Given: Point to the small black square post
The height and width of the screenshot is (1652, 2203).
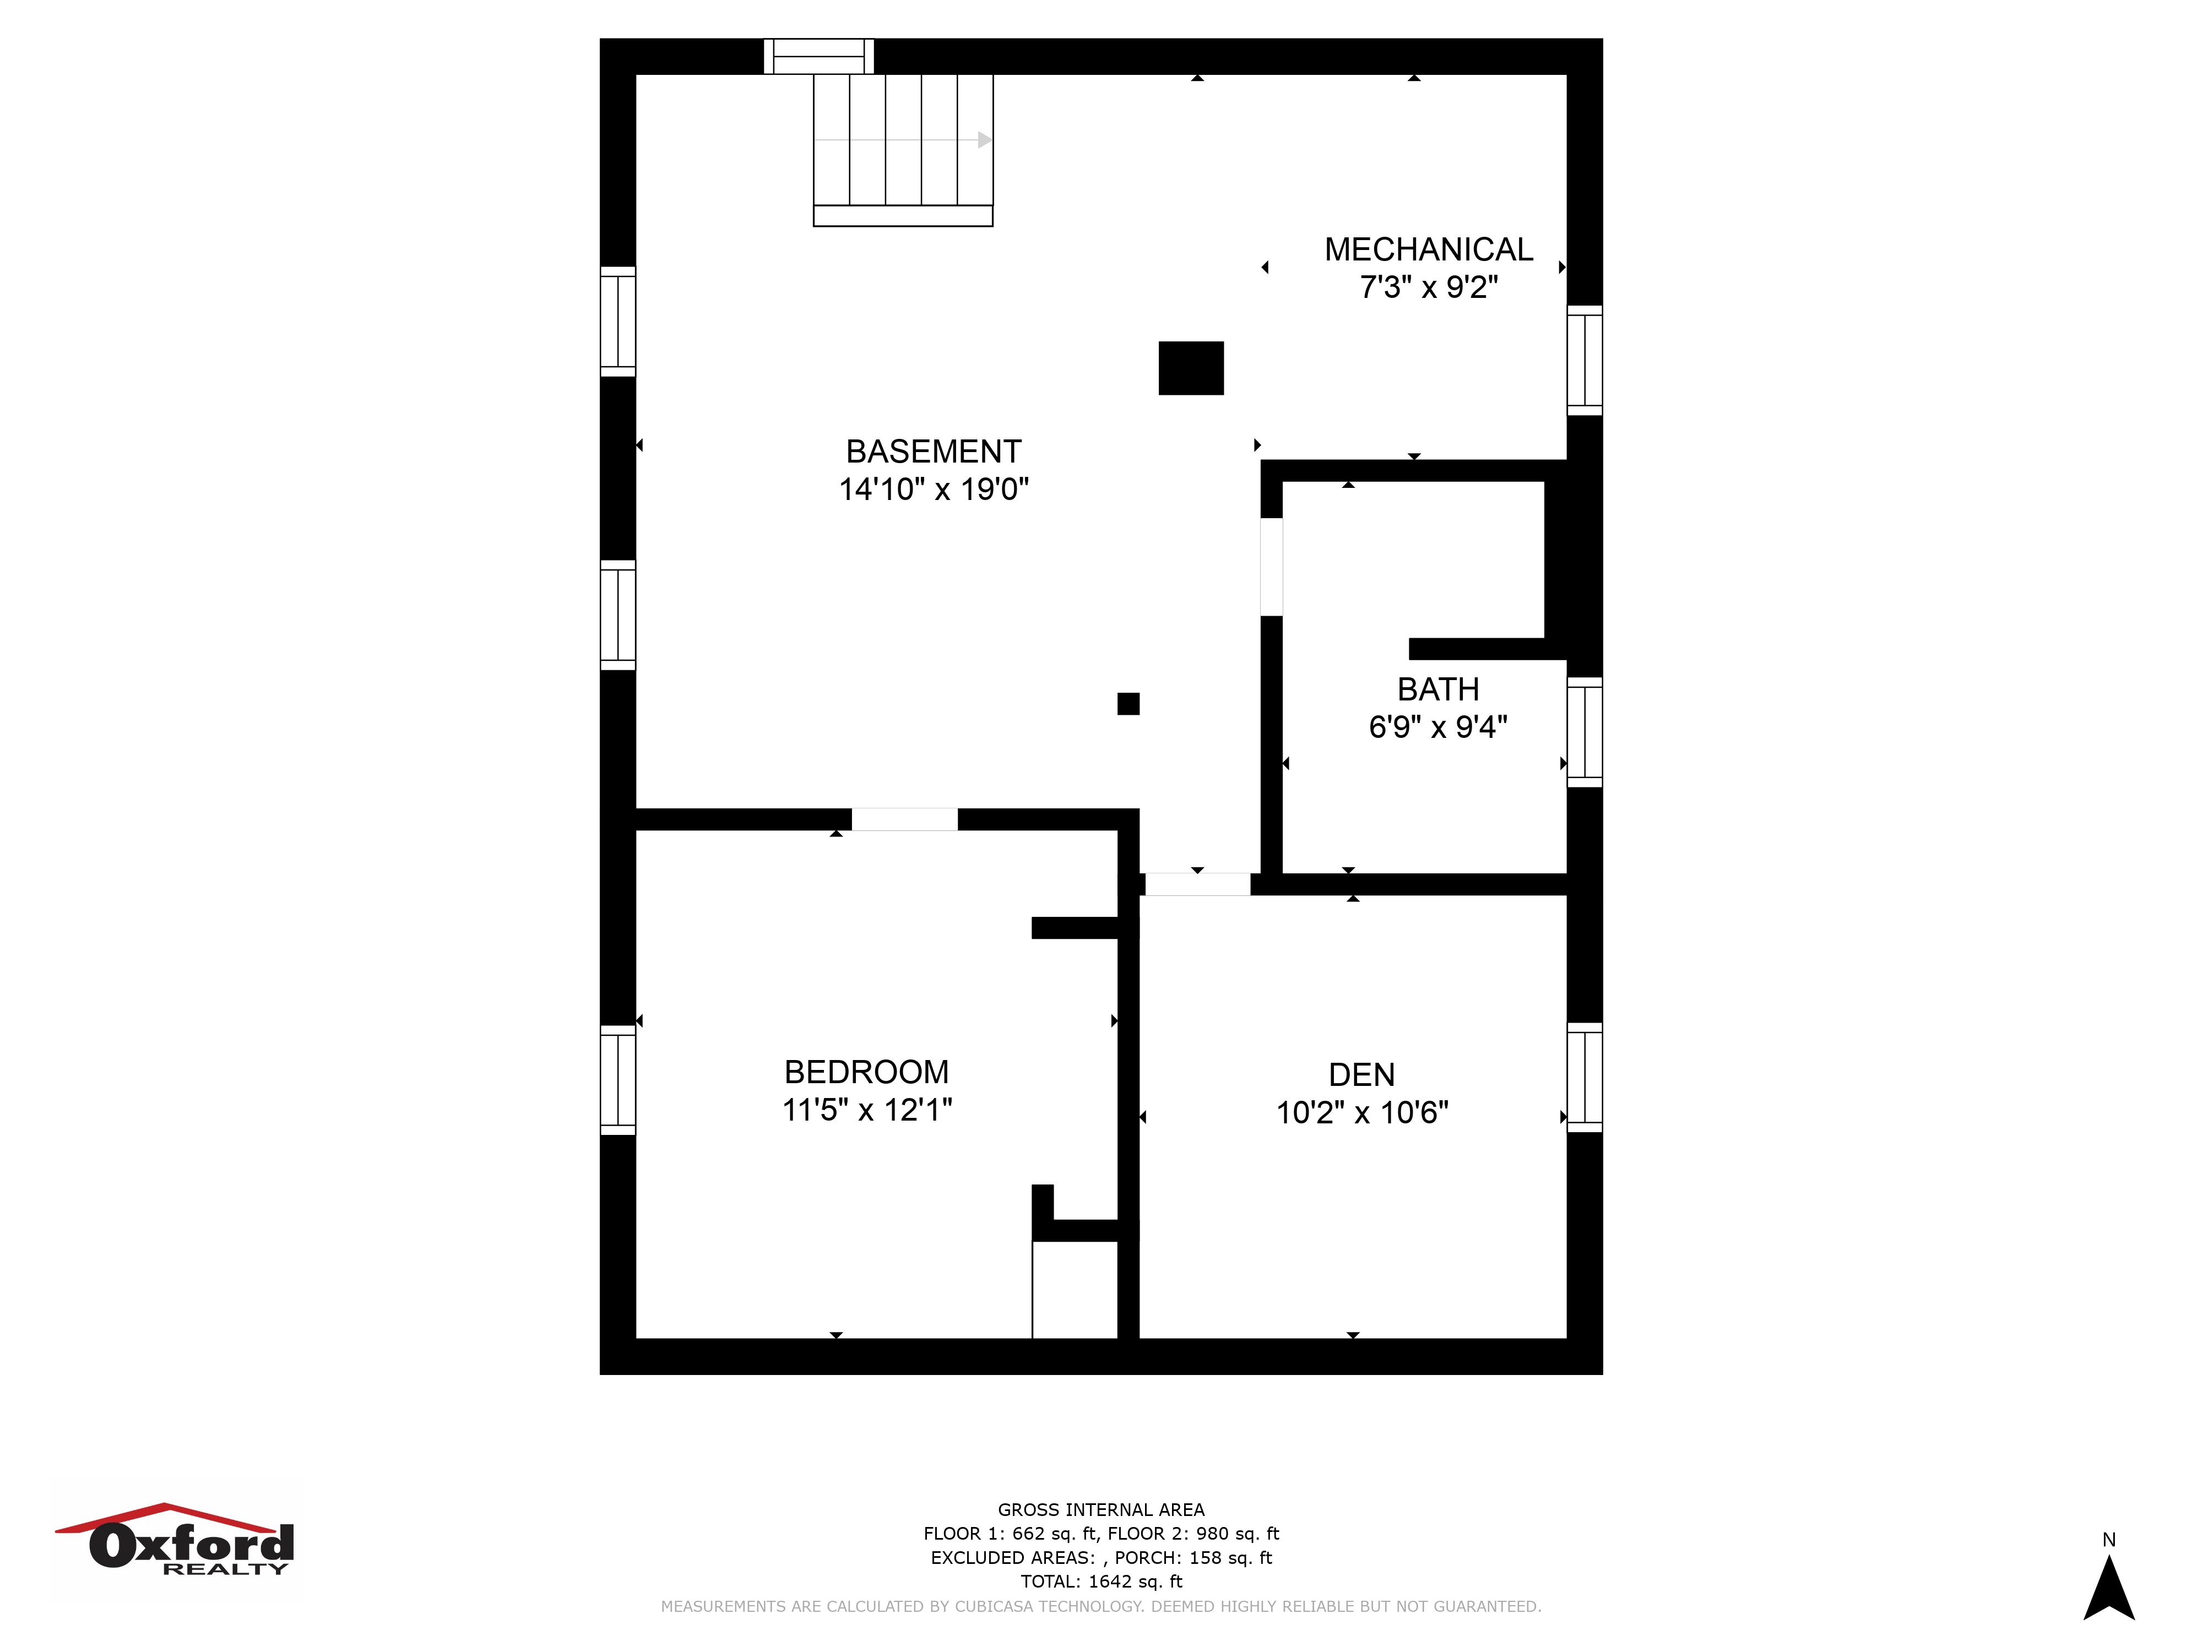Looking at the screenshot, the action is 1128,704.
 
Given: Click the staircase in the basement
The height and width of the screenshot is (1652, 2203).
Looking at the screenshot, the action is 903,150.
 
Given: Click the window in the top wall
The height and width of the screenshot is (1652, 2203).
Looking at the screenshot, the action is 818,57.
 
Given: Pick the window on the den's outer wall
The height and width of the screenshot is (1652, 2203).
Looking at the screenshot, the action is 1585,1078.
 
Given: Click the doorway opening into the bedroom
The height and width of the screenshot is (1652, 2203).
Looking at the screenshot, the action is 904,819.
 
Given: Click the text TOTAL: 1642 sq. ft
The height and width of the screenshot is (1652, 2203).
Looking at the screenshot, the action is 1101,1582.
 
